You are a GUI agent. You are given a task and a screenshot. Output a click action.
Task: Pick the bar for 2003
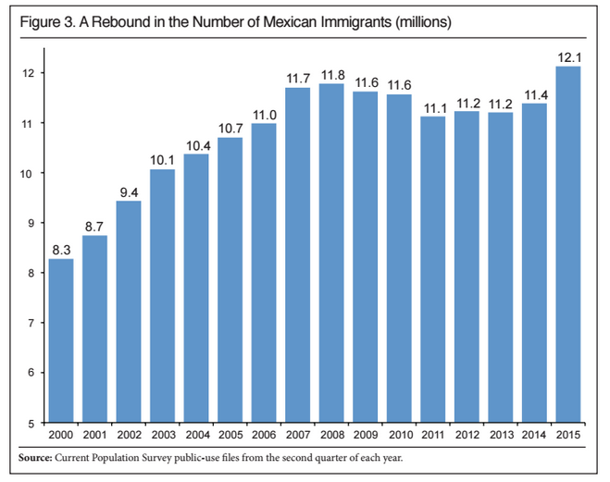point(162,296)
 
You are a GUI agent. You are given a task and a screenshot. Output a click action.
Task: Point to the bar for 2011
point(431,269)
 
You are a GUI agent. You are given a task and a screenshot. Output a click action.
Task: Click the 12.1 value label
point(567,56)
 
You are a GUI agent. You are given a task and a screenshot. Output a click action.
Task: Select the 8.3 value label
point(61,249)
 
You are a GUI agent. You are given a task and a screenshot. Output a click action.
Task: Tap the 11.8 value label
point(330,74)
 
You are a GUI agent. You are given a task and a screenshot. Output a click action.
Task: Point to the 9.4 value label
point(129,192)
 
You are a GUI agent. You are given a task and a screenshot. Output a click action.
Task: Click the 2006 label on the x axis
point(264,435)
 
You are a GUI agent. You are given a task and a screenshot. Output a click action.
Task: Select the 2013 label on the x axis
point(500,435)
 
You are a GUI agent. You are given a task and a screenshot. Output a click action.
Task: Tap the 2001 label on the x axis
point(94,435)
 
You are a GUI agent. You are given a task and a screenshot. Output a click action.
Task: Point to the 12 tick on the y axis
point(30,73)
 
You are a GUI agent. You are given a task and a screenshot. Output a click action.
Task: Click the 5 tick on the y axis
point(33,423)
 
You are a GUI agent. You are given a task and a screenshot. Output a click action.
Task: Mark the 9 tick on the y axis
point(33,223)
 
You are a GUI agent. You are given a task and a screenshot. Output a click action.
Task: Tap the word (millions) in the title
point(423,20)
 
